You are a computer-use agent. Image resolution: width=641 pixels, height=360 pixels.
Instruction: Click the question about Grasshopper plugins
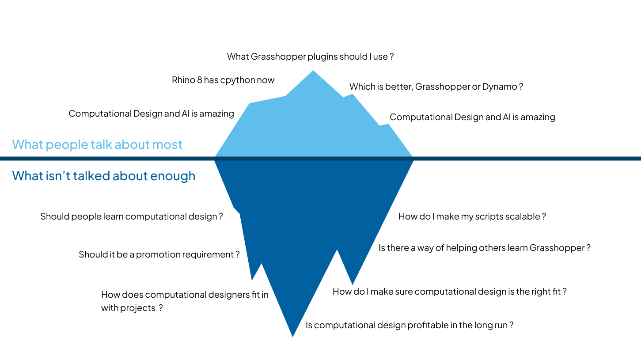click(x=310, y=57)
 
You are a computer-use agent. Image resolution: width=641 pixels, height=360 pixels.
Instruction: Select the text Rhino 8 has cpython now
click(x=223, y=80)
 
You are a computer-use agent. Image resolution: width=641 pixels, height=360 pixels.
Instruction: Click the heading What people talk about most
click(x=97, y=144)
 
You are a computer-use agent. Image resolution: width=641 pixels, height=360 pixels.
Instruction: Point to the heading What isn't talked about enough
click(x=104, y=176)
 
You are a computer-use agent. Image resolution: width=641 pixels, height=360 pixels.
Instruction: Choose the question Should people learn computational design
click(x=131, y=216)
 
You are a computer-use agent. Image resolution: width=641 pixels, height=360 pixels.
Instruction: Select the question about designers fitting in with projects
click(x=185, y=301)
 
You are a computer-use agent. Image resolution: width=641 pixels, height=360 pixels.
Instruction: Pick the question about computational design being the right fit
click(x=449, y=292)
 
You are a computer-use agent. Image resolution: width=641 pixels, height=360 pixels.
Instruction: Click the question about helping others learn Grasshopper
click(x=484, y=248)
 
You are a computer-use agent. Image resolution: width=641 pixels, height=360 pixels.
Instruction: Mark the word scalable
click(x=520, y=216)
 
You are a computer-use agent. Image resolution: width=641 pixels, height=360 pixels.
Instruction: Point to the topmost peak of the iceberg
click(x=313, y=71)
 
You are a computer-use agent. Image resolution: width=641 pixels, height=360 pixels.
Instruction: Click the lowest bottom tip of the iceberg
click(x=292, y=336)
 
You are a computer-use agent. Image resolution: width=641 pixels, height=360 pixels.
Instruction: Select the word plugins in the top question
click(x=323, y=57)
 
